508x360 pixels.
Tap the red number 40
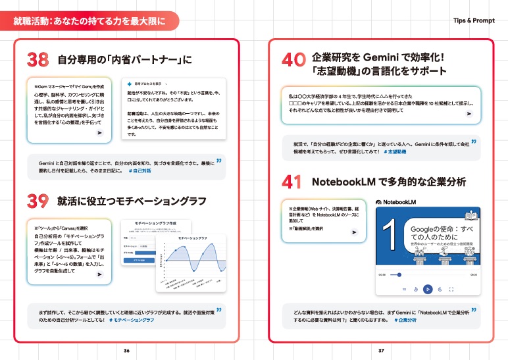294,61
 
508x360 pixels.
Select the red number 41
294,181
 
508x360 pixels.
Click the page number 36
127,350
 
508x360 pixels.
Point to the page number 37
381,350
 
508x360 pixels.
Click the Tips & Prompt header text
474,20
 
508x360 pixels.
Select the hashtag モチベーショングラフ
132,319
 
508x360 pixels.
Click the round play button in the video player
428,288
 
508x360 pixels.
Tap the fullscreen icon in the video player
451,288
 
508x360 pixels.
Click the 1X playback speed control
404,288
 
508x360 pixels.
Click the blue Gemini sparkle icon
130,84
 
